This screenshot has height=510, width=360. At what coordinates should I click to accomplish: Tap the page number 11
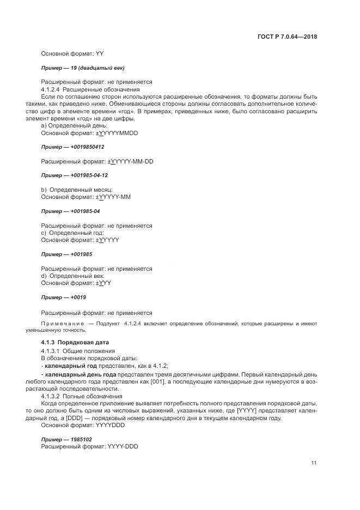point(314,463)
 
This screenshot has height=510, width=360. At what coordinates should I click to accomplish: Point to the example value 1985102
point(81,439)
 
